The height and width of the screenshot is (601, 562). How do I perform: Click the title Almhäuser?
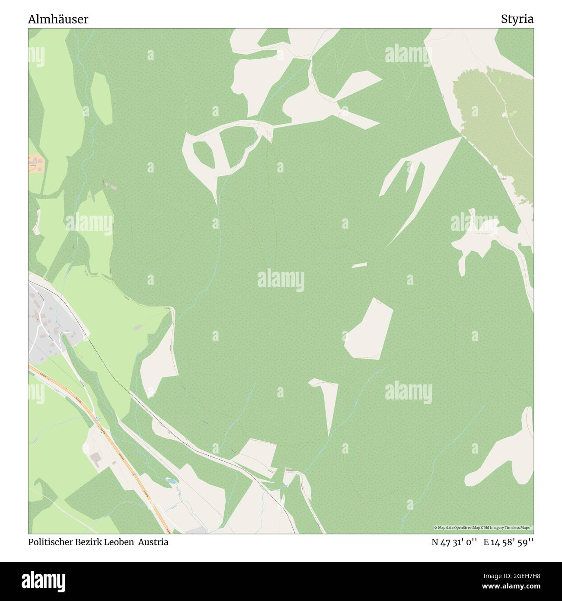click(x=58, y=19)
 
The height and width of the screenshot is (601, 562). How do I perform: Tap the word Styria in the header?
click(x=517, y=19)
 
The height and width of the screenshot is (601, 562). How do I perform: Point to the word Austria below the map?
click(x=153, y=542)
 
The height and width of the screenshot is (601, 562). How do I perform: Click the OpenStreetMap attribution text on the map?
click(x=483, y=528)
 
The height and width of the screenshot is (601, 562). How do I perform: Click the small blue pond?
click(x=171, y=481)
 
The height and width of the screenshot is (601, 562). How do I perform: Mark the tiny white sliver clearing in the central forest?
click(x=359, y=265)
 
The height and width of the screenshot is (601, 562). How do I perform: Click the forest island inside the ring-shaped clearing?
click(x=204, y=153)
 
